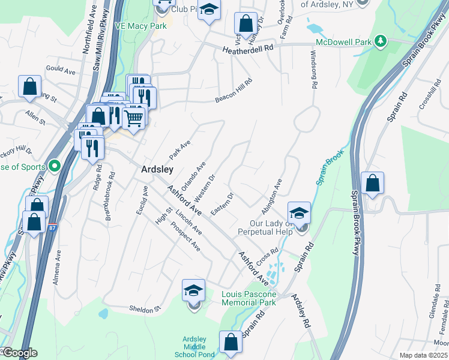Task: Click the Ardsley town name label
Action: click(157, 170)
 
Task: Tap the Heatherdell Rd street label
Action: click(247, 50)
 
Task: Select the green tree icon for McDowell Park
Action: click(379, 41)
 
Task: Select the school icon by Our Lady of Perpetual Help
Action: click(299, 212)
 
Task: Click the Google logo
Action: click(19, 353)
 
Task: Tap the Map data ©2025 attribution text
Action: click(424, 355)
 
